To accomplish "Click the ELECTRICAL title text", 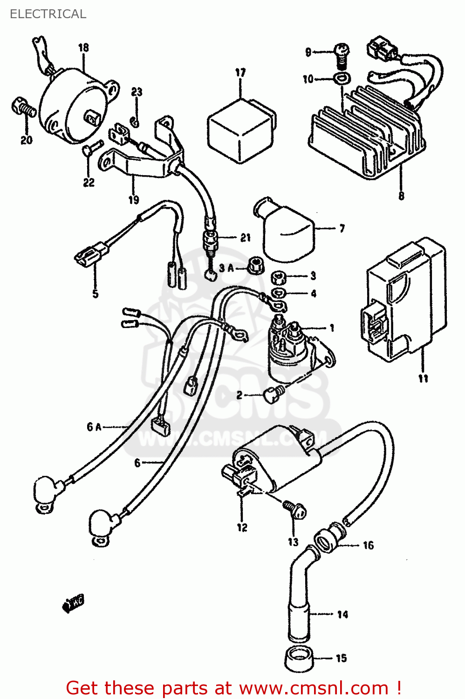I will (48, 14).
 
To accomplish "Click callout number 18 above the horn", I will (83, 48).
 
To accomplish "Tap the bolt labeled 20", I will (22, 108).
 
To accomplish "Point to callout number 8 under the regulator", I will (401, 196).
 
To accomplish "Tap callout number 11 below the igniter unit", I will (423, 378).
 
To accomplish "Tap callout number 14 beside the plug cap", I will (342, 615).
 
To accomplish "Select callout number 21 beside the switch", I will (246, 238).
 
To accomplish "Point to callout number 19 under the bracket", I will (134, 200).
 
